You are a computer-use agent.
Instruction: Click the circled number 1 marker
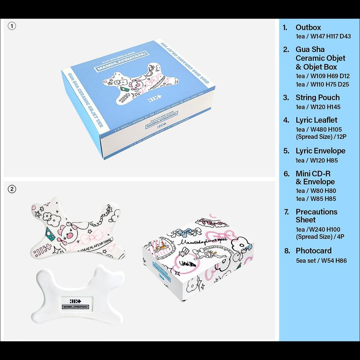coord(12,26)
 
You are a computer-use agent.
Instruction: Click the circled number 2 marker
coord(12,189)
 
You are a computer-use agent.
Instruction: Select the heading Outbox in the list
coord(308,27)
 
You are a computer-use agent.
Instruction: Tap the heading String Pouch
coord(317,98)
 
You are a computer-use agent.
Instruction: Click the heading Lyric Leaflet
coord(316,120)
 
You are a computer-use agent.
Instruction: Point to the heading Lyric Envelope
coord(320,151)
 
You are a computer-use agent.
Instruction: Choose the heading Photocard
coord(313,251)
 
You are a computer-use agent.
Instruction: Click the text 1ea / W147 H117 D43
coord(323,36)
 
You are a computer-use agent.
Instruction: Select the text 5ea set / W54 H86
coord(321,261)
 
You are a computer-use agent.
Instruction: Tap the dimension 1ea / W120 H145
coord(318,107)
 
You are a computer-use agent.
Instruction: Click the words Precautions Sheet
coord(316,216)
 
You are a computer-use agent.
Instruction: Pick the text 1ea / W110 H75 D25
coord(322,84)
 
